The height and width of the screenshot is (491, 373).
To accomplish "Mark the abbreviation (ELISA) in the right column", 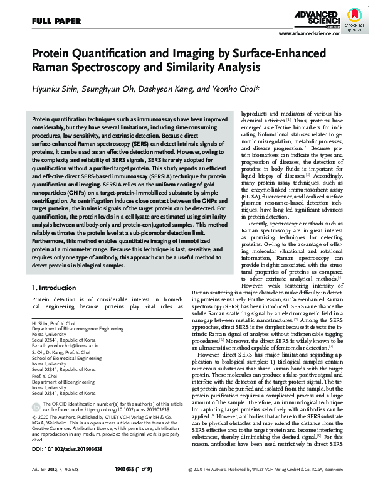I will coord(252,197).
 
